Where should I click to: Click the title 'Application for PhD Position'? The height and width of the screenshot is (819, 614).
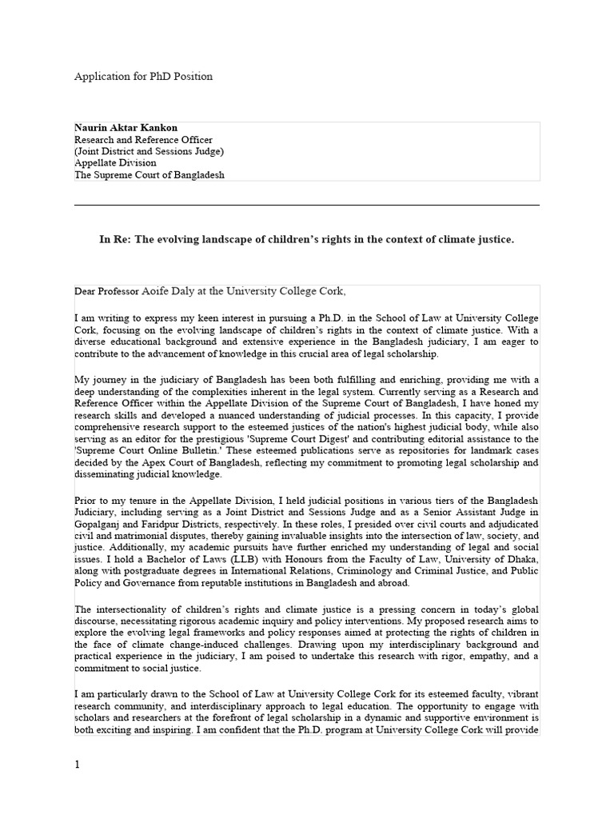click(143, 77)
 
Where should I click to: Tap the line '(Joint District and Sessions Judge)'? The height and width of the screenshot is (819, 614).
click(149, 151)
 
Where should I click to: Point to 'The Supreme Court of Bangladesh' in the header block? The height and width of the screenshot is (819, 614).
click(149, 174)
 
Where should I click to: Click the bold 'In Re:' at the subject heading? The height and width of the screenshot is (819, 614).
click(114, 240)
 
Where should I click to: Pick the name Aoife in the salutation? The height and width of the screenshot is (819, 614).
click(156, 290)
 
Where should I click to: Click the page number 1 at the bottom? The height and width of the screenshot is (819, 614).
click(78, 765)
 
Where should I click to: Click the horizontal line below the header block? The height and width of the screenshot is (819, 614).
click(307, 205)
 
